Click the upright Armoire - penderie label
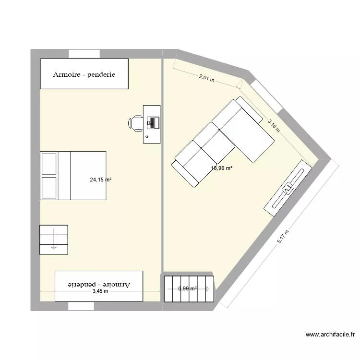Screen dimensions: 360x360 (84, 74)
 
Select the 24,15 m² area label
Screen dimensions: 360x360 (100, 180)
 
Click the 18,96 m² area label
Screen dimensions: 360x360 (222, 168)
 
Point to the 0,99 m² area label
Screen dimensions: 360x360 (188, 288)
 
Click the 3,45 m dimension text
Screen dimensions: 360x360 (100, 291)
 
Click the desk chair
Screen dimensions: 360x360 (136, 123)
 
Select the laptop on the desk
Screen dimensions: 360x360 (153, 123)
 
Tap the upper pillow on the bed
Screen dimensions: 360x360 (49, 164)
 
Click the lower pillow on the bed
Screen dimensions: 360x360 (49, 187)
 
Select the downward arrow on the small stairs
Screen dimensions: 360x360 (53, 247)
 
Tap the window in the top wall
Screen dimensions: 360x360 (84, 53)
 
